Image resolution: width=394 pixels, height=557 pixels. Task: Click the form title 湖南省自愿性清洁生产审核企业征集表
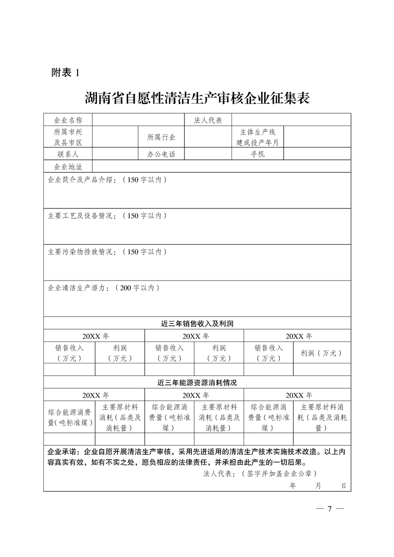(x=197, y=98)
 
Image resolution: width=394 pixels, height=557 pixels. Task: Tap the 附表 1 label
(x=66, y=72)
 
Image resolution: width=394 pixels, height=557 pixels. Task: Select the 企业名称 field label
(x=68, y=120)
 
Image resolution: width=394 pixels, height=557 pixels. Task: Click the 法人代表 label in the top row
(x=208, y=120)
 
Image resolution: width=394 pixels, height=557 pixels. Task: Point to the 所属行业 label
(x=161, y=137)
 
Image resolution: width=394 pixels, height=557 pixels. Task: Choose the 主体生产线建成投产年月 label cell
(x=258, y=137)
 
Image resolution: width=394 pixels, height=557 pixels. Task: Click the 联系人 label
(x=68, y=154)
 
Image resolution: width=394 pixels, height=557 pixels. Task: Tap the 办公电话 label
(x=161, y=154)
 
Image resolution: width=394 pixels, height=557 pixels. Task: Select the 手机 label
(x=258, y=154)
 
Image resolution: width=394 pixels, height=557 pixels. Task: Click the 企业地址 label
(x=68, y=166)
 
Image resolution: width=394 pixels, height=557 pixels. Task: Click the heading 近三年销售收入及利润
(x=197, y=323)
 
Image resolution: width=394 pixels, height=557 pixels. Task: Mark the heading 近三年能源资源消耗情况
(x=197, y=383)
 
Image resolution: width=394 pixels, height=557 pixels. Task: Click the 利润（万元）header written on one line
(x=321, y=353)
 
